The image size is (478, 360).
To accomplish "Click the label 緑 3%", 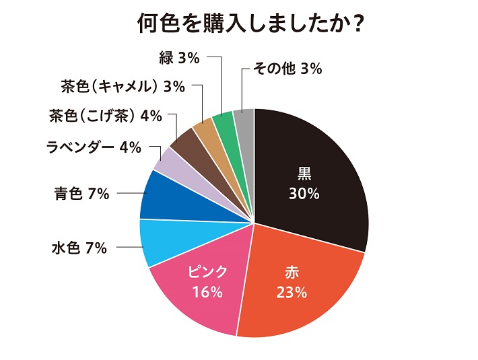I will (x=180, y=59).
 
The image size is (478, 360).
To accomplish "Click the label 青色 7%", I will (x=81, y=194).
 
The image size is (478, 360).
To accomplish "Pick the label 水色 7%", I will (x=79, y=248).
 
